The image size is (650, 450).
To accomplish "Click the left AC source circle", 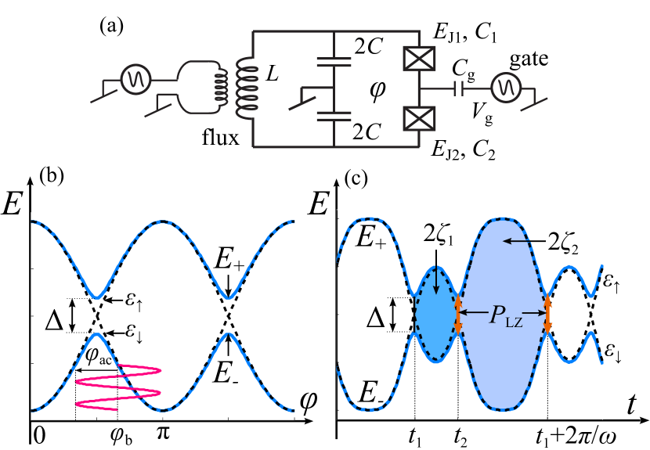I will (135, 79).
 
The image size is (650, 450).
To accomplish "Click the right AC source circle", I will (506, 88).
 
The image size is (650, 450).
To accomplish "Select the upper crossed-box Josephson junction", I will (419, 59).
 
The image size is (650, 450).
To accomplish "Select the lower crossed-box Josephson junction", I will (419, 118).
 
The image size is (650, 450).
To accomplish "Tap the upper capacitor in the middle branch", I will (334, 61).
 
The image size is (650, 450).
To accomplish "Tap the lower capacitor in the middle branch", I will (334, 116).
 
